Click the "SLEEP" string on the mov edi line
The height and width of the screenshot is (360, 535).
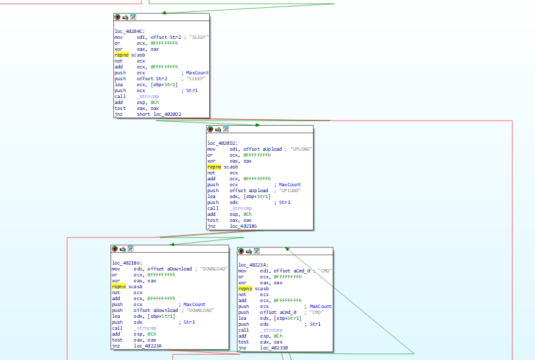[x=198, y=38]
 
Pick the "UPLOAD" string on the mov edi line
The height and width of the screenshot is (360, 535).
[x=301, y=149]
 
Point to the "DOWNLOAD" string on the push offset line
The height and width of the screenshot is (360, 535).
[x=200, y=310]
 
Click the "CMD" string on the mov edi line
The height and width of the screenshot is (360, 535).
[x=325, y=271]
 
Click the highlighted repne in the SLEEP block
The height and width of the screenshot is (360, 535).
[x=122, y=55]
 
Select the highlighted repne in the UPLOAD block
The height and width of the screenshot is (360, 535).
[x=215, y=167]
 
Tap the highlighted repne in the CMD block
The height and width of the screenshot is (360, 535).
[x=245, y=289]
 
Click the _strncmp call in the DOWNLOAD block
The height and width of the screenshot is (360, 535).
[x=145, y=328]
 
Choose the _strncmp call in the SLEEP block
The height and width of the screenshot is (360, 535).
[x=148, y=97]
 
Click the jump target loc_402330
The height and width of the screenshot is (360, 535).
[x=274, y=347]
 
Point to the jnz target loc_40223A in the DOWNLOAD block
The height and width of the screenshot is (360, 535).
[x=148, y=346]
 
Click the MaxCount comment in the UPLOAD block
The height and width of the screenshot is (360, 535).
[x=290, y=184]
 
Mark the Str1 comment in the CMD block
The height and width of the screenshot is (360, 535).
[x=315, y=324]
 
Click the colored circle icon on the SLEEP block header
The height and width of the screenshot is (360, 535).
[x=117, y=17]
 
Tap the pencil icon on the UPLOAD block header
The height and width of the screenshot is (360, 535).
[x=218, y=130]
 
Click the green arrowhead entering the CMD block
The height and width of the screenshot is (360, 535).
[x=288, y=249]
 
